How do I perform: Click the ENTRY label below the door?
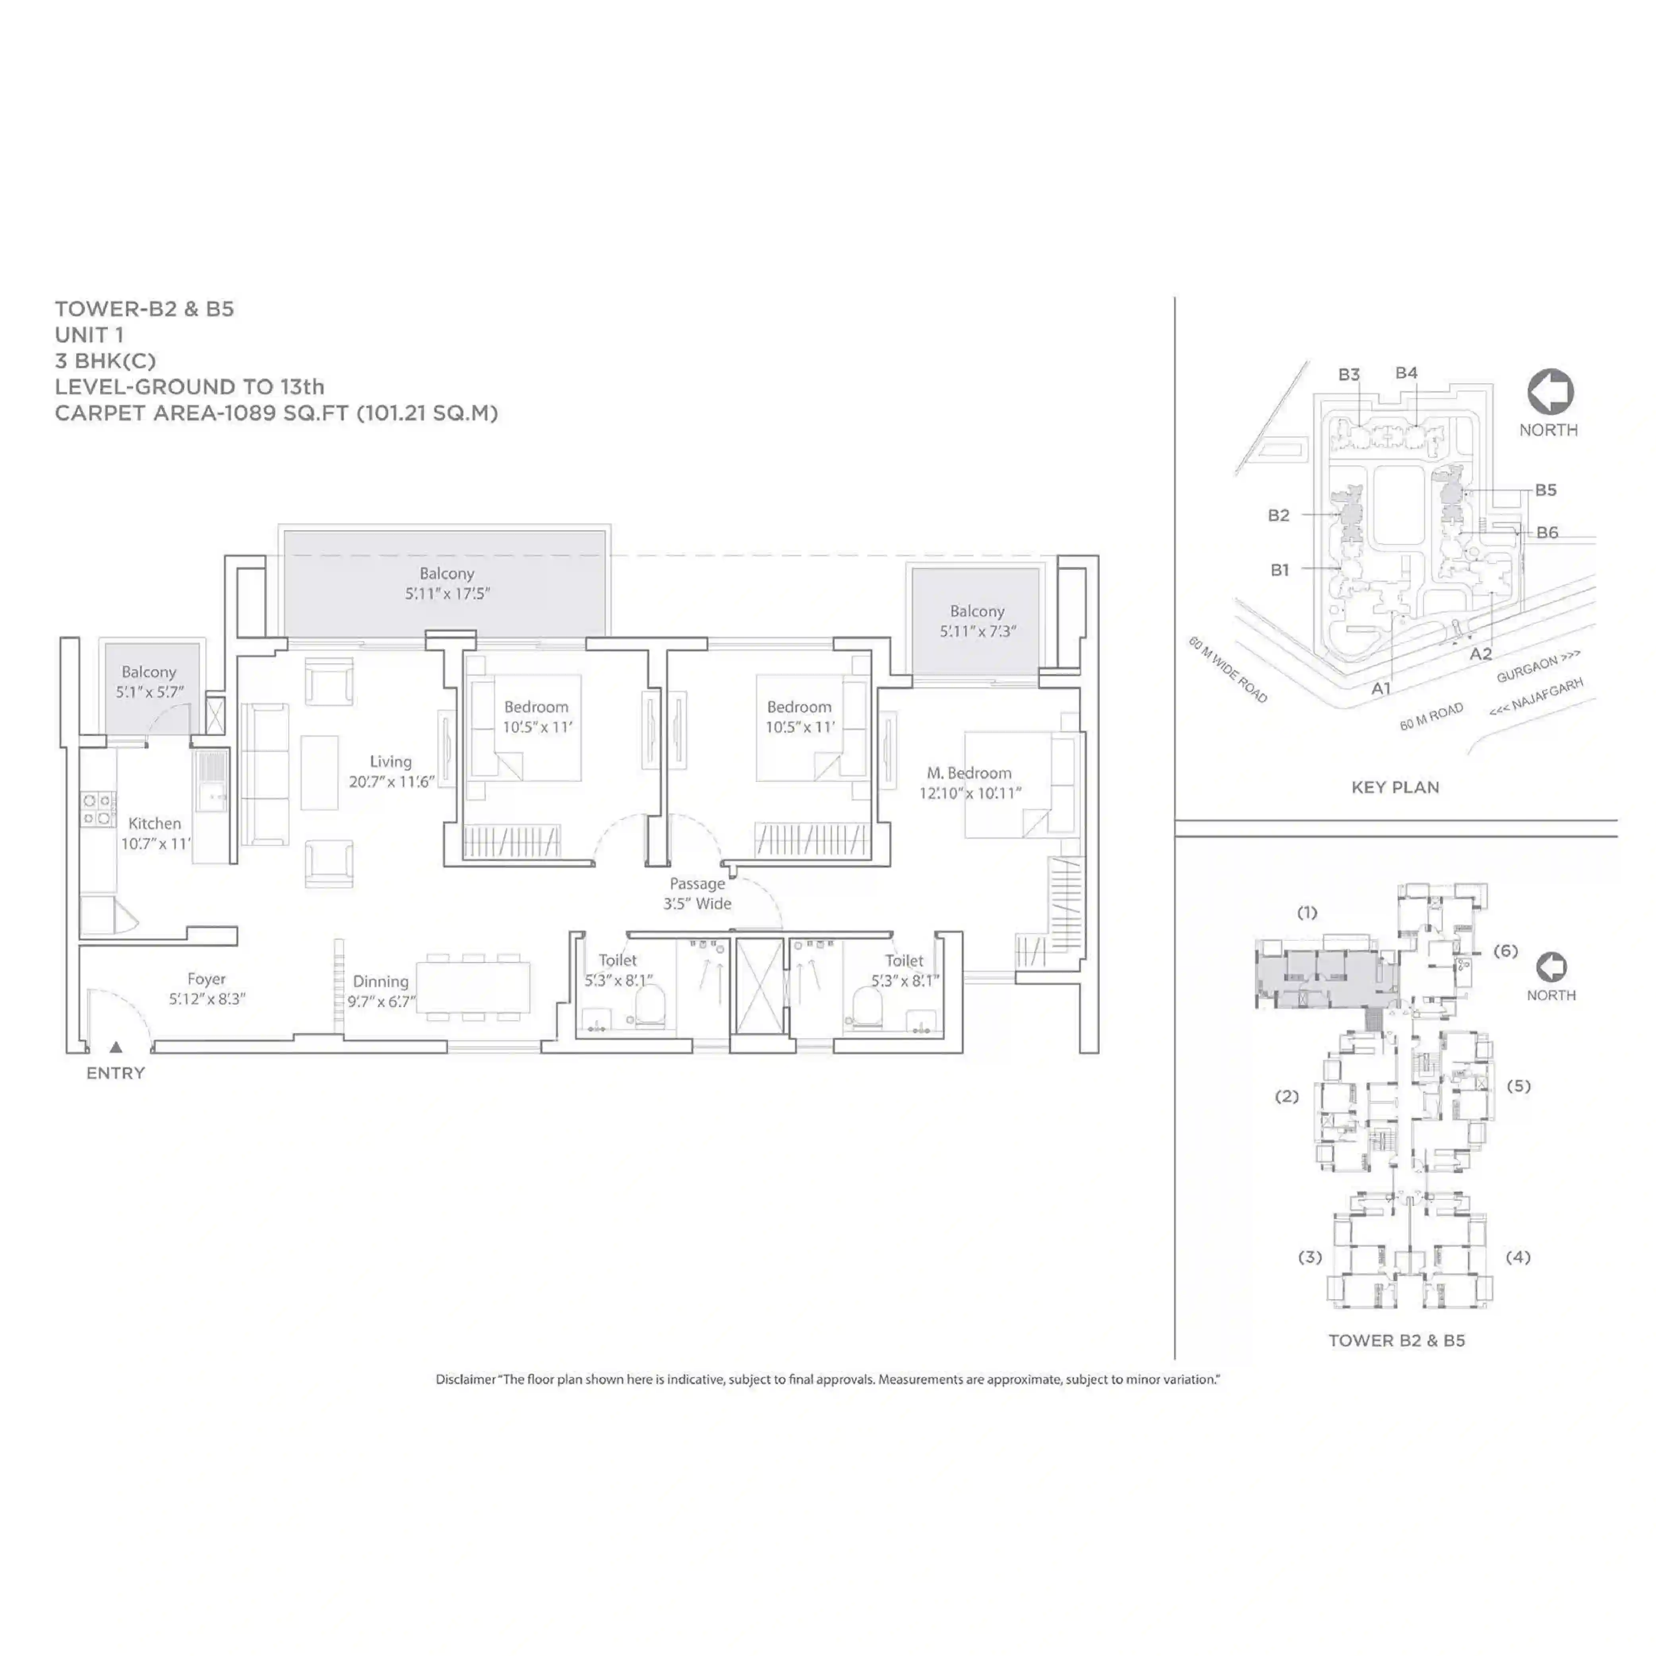(x=116, y=1073)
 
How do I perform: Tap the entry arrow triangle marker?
(x=116, y=1046)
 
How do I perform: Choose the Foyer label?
(x=207, y=979)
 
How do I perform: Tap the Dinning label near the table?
(x=381, y=982)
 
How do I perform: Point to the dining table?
(x=473, y=988)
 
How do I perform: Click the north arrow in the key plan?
(x=1550, y=392)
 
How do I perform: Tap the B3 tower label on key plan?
(x=1349, y=375)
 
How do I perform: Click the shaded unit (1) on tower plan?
(x=1324, y=975)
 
